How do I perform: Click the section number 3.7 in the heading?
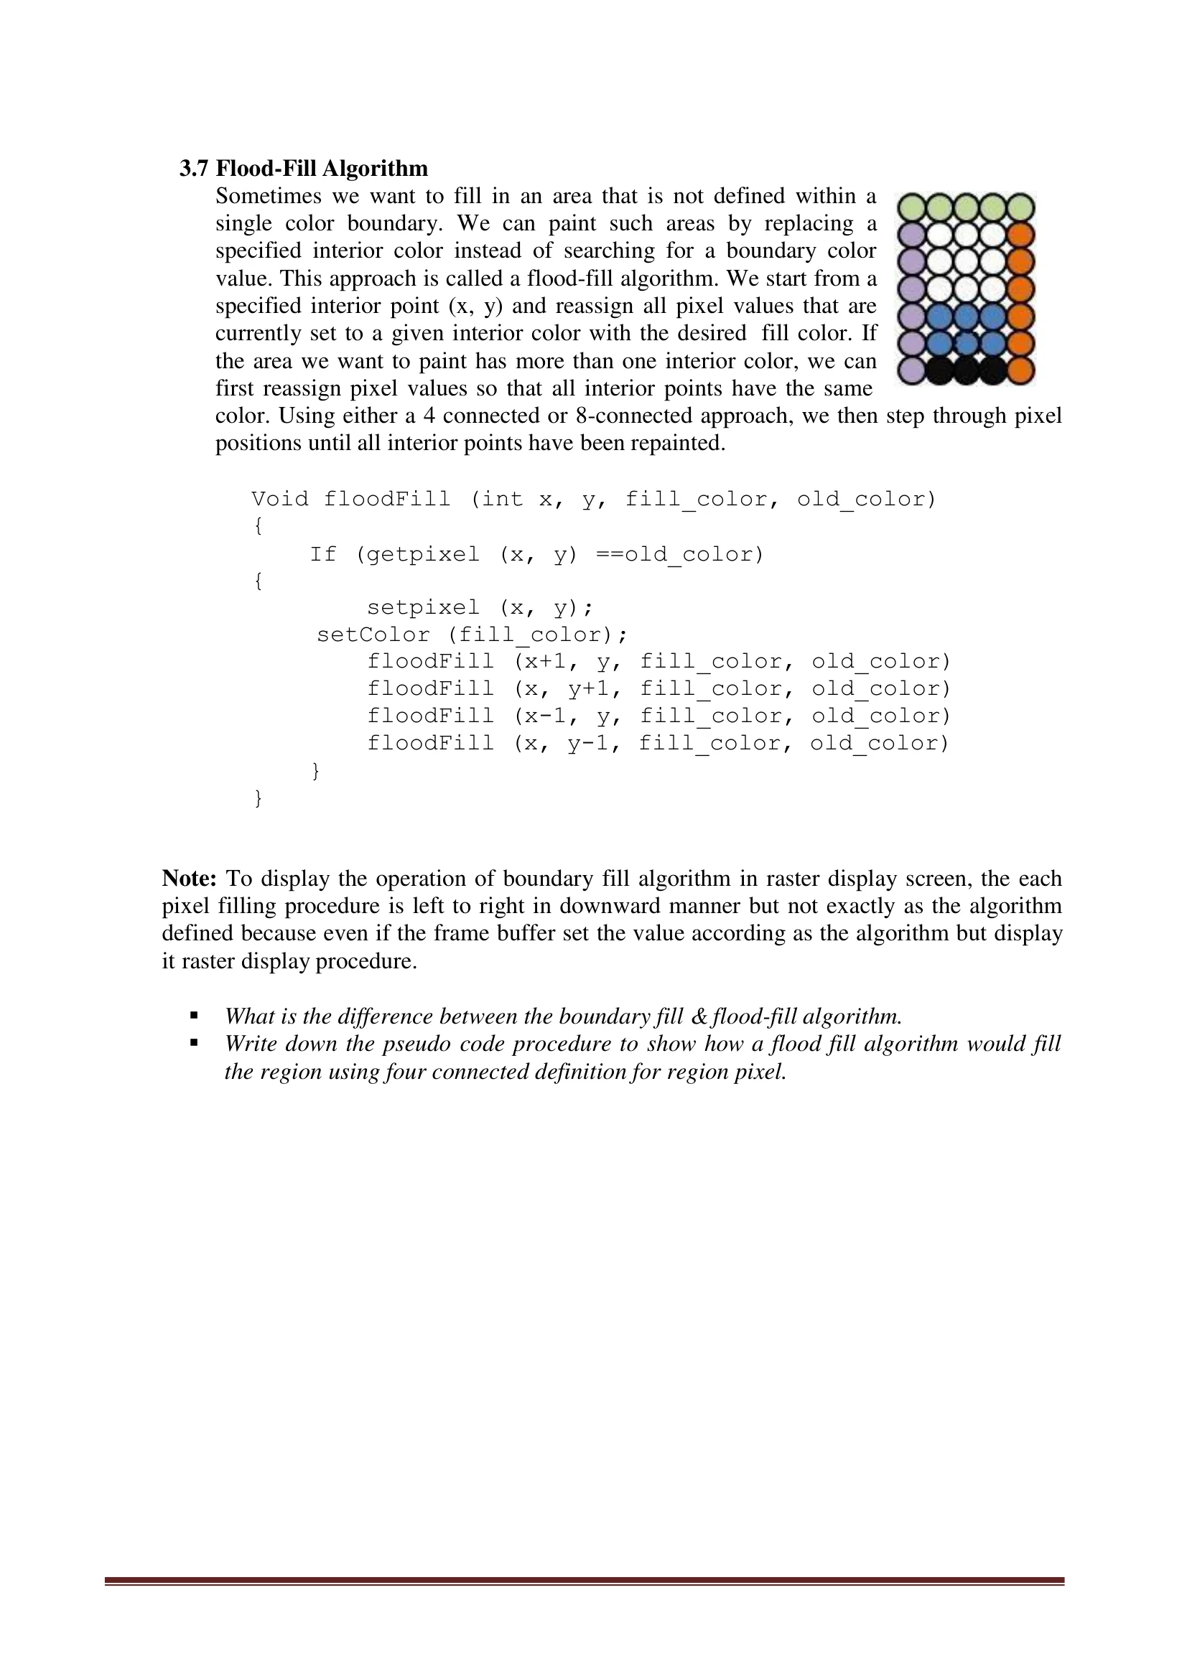[194, 169]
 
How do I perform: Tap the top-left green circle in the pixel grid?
[911, 207]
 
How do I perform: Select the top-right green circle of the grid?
[1020, 207]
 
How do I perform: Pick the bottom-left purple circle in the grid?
[911, 370]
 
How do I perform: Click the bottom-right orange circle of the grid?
[1020, 370]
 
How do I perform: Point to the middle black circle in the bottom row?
[966, 370]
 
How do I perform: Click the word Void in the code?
[279, 500]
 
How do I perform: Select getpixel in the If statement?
[423, 555]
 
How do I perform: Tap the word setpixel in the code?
[423, 608]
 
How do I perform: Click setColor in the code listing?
[373, 635]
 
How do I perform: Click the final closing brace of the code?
[259, 798]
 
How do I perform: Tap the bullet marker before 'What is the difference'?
[194, 1016]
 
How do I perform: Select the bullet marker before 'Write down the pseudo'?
[194, 1044]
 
